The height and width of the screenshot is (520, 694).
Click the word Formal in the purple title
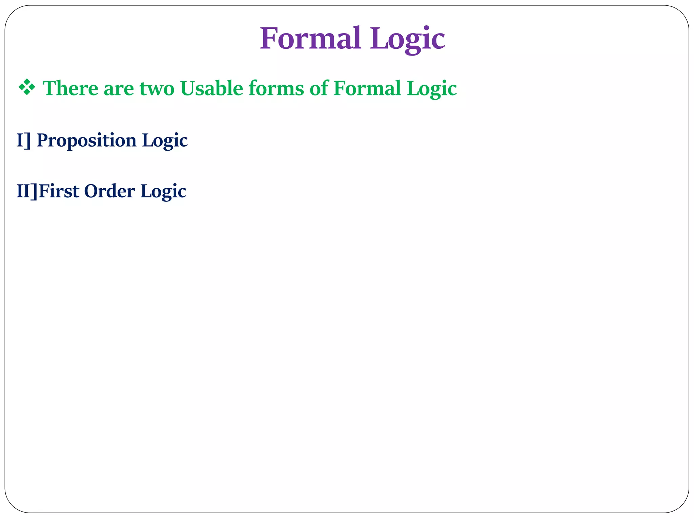(310, 39)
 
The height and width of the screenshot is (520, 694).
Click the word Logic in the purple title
(407, 39)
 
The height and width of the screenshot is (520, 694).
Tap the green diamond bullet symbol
(27, 88)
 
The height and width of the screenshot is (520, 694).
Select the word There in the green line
(70, 88)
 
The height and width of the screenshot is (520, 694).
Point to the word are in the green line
(119, 89)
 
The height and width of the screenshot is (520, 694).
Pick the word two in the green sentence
(157, 89)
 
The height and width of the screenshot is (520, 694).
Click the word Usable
(212, 88)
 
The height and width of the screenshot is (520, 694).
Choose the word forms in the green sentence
(276, 88)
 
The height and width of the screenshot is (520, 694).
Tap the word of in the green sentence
(319, 88)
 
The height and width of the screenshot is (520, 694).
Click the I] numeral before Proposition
(23, 140)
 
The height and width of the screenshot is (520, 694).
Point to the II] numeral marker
(27, 191)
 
